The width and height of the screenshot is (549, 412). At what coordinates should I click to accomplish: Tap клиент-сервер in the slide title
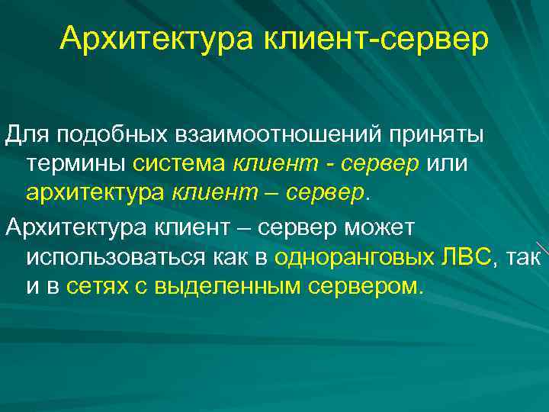pyautogui.click(x=377, y=38)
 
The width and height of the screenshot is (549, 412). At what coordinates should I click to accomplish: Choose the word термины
pyautogui.click(x=76, y=164)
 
